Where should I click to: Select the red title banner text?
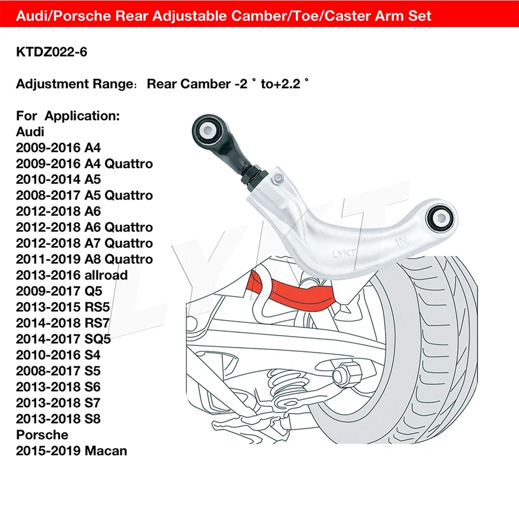point(224,16)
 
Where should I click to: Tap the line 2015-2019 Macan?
point(71,450)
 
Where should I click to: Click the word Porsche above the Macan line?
point(42,435)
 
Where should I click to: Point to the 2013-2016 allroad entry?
point(72,275)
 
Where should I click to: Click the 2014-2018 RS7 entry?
point(63,323)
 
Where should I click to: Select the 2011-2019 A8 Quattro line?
point(84,259)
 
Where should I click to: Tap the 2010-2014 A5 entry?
point(58,179)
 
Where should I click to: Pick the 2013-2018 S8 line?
point(58,418)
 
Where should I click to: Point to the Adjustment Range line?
point(162,84)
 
